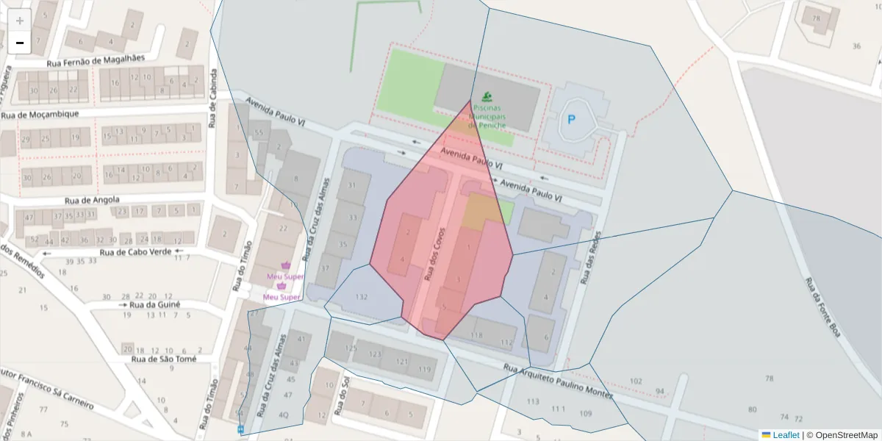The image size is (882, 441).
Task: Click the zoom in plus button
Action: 20,20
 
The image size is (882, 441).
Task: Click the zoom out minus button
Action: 20,43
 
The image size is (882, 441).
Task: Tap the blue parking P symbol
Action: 571,118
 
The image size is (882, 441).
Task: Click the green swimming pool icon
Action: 487,96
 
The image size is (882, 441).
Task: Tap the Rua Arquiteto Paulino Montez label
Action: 558,381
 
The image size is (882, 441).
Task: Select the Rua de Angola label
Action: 92,199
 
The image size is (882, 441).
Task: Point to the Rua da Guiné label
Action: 154,304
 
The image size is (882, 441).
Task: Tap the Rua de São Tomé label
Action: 164,359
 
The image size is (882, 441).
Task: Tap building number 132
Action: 361,297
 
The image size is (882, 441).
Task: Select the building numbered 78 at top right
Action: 815,18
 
